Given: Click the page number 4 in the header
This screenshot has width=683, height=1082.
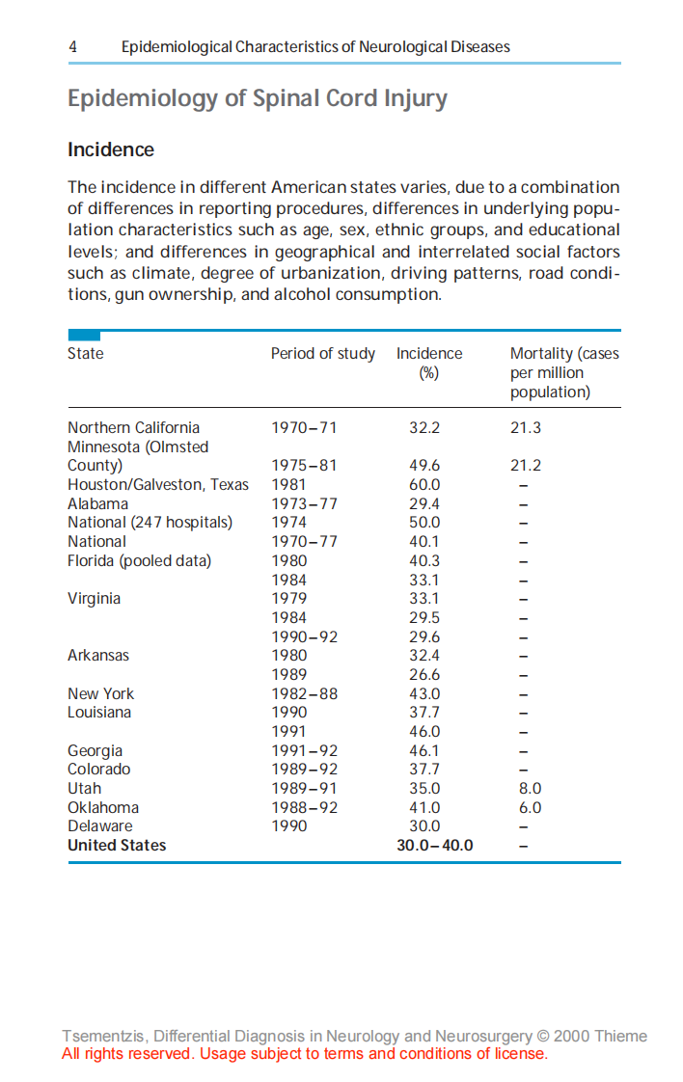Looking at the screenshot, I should [x=73, y=46].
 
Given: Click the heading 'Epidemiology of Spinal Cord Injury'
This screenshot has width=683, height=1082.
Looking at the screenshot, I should [x=258, y=99].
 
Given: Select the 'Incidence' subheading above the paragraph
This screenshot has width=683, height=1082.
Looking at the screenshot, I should [x=111, y=149].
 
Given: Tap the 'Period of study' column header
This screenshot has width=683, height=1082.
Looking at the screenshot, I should [x=323, y=354].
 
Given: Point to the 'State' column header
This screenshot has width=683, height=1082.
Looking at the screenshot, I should [x=86, y=354].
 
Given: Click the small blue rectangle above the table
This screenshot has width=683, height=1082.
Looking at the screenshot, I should [x=84, y=335].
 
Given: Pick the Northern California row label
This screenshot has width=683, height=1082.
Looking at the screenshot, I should [x=134, y=427].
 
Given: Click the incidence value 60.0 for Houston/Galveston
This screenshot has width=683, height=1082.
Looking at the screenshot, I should [x=424, y=485].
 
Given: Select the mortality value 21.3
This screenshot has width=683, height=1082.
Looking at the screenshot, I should [x=526, y=427].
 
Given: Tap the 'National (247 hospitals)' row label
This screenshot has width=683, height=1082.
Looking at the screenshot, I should [x=150, y=523].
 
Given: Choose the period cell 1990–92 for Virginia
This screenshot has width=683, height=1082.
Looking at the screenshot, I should [x=304, y=636].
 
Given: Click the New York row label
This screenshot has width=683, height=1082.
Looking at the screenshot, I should [x=101, y=693].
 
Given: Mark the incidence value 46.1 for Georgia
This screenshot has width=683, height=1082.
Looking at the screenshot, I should [x=424, y=750].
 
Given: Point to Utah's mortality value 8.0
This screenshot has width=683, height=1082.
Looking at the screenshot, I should [x=531, y=789].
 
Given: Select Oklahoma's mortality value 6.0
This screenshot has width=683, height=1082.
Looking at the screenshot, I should [x=531, y=807].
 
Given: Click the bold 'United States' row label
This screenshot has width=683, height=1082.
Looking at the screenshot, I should [x=117, y=846].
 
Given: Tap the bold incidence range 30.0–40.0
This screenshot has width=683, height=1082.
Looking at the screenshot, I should [x=435, y=846].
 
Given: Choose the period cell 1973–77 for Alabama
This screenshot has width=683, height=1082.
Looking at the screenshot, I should [x=304, y=503].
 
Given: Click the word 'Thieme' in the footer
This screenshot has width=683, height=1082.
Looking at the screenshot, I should [x=620, y=1037].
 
